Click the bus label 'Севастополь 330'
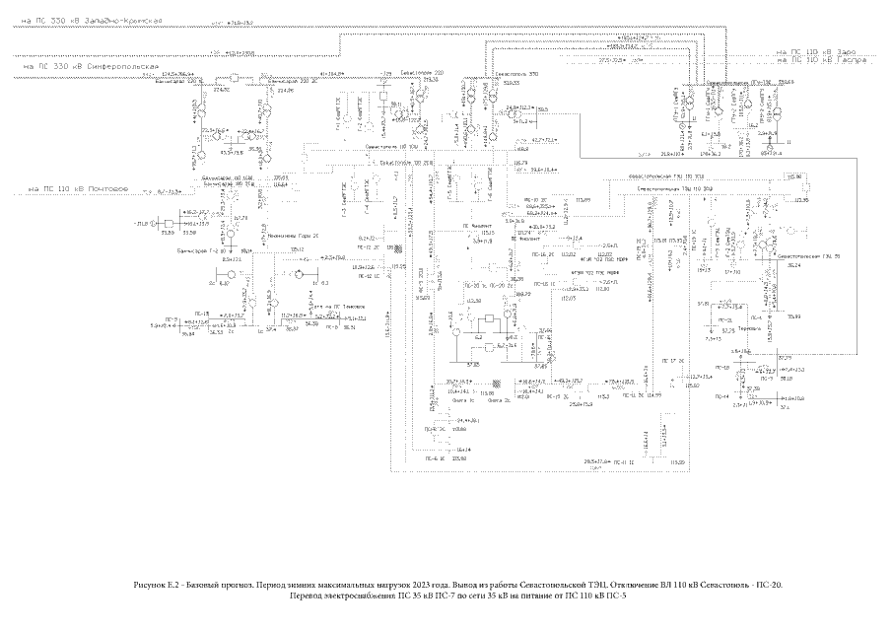(x=515, y=73)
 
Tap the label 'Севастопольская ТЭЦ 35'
(x=808, y=256)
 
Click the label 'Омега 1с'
(x=463, y=401)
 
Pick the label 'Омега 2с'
(x=498, y=401)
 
